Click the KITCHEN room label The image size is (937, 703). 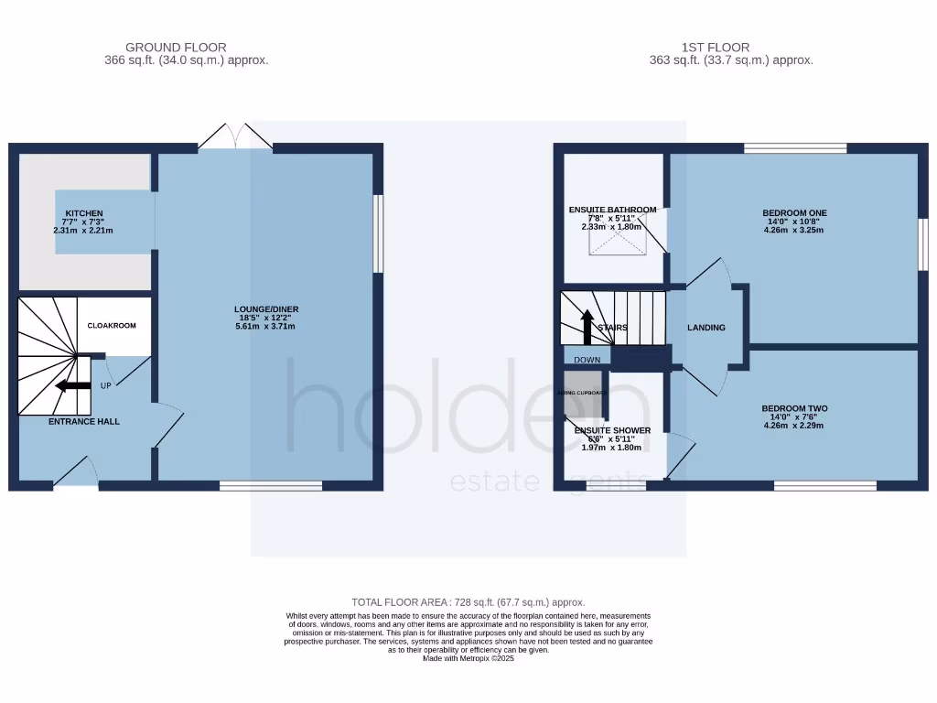coord(83,213)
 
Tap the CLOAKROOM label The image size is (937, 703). coord(112,325)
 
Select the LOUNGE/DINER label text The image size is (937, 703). coord(265,309)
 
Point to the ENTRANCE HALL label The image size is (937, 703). coord(84,422)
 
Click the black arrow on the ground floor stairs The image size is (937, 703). coord(72,386)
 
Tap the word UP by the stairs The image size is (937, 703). coord(106,385)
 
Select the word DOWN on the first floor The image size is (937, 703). coord(587,360)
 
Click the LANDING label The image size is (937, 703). coord(706,328)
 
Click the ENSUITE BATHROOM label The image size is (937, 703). coord(612,210)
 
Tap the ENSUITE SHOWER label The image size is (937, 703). coord(612,430)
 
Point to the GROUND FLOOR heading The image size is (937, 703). coord(176,48)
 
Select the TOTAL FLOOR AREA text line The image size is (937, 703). coord(468,602)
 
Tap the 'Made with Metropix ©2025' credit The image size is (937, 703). coord(468,658)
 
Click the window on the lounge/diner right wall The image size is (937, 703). coord(378,233)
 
